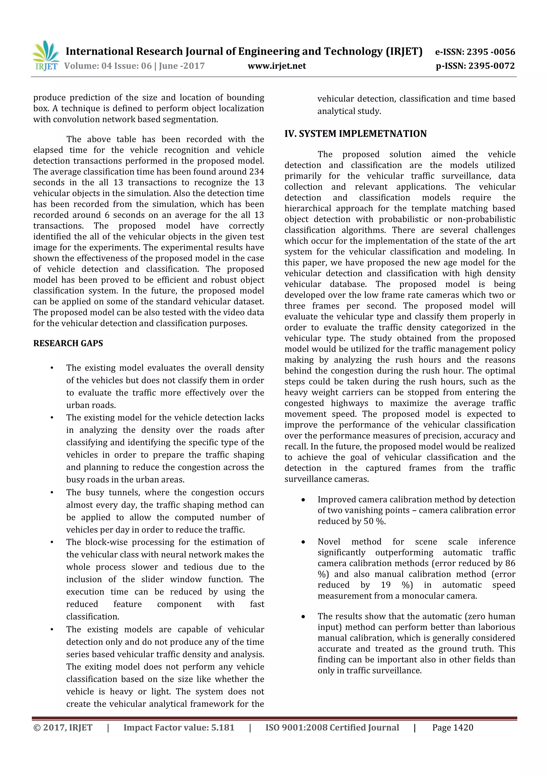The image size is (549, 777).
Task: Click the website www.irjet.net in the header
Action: tap(277, 66)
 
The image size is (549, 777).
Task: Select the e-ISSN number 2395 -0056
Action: tap(491, 52)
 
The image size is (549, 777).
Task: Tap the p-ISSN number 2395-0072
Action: tap(491, 66)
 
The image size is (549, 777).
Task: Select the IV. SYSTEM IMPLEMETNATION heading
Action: tap(355, 134)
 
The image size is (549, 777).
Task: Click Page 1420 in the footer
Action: tap(452, 728)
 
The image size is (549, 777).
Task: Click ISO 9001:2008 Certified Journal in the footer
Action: tap(332, 728)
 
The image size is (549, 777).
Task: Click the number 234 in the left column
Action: tap(256, 172)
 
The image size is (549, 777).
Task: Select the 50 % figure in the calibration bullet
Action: tap(374, 521)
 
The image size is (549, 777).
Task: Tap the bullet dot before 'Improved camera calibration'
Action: tap(303, 500)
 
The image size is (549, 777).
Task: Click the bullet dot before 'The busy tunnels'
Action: tap(52, 493)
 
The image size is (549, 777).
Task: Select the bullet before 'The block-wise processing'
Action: tap(52, 543)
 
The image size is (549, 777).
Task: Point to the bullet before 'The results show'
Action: tap(303, 617)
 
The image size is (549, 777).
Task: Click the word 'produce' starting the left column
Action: tap(49, 98)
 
